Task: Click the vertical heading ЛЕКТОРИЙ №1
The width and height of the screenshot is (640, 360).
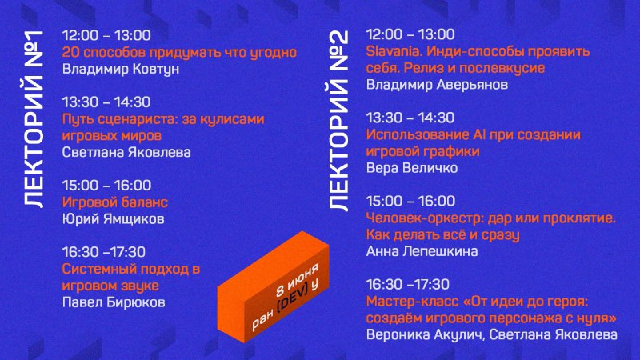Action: click(34, 118)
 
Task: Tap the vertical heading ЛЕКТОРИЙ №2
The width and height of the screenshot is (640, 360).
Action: click(338, 121)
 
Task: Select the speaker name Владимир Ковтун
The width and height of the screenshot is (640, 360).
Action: click(121, 69)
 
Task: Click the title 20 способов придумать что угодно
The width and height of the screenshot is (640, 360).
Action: click(179, 52)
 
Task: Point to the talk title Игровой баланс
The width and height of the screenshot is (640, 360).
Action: click(114, 202)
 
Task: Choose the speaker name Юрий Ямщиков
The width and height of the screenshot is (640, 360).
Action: click(113, 218)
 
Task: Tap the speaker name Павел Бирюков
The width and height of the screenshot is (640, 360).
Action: click(114, 302)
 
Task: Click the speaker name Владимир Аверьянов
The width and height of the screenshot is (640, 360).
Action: click(437, 85)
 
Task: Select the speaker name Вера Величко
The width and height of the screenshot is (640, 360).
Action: click(412, 168)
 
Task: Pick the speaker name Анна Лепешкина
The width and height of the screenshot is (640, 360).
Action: click(422, 251)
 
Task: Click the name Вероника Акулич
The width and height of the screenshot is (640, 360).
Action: click(424, 334)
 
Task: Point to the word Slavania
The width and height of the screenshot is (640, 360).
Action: click(392, 51)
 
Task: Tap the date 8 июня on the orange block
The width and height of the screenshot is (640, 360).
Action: click(297, 281)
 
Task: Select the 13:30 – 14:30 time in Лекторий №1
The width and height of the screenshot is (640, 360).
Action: click(106, 102)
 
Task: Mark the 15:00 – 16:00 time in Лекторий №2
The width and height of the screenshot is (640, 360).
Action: click(410, 201)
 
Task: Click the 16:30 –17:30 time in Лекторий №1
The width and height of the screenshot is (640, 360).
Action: click(104, 252)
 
